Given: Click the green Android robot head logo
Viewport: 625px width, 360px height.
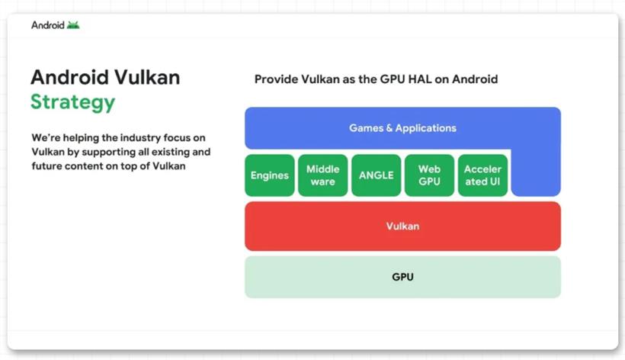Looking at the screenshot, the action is (x=73, y=25).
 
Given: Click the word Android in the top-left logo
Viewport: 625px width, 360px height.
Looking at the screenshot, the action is (x=48, y=25).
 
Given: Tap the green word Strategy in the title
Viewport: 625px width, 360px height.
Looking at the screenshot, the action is (x=73, y=102).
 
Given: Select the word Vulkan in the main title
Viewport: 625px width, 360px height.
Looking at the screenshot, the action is (x=147, y=77).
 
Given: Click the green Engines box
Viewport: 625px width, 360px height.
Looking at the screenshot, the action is (x=270, y=175).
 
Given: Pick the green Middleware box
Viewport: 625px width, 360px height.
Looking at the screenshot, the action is (x=323, y=175).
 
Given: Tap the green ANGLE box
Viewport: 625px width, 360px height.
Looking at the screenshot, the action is (x=377, y=175).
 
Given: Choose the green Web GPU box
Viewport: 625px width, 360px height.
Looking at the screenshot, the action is (x=429, y=175).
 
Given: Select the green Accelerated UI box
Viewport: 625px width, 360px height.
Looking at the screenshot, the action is (x=482, y=175).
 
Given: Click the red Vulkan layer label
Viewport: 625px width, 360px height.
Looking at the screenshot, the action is (x=402, y=227).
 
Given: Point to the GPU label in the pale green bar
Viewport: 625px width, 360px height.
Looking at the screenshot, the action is (x=402, y=277).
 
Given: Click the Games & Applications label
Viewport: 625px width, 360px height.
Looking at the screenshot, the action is (x=402, y=128).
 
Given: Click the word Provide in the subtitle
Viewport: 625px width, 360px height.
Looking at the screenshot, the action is (x=276, y=79).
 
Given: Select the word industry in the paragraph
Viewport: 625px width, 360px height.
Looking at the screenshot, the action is (x=140, y=138).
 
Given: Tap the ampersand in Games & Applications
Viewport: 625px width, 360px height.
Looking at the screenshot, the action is (x=389, y=128).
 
